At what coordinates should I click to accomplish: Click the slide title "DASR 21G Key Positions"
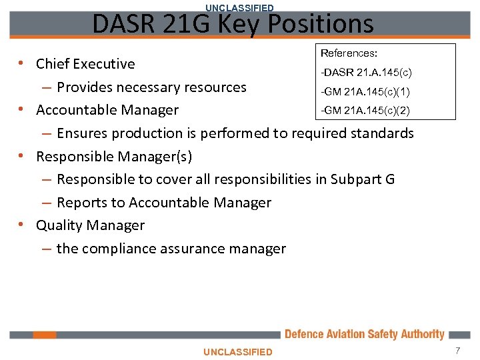[x=233, y=25]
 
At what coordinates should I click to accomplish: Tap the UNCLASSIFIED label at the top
[x=239, y=7]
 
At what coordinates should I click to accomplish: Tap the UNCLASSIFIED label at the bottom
[x=238, y=351]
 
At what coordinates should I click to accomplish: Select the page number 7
[x=458, y=351]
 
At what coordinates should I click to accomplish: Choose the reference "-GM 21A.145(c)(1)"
[x=365, y=91]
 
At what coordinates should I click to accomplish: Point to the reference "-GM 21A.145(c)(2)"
[x=365, y=109]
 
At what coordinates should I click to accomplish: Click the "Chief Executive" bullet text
[x=85, y=64]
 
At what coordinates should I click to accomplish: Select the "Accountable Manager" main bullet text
[x=107, y=110]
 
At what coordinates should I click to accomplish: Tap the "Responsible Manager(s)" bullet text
[x=114, y=156]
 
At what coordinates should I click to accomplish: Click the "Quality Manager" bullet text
[x=90, y=225]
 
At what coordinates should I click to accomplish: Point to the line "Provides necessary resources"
[x=151, y=87]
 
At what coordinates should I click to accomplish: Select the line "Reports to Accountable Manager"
[x=164, y=203]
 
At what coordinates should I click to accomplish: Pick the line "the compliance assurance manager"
[x=171, y=249]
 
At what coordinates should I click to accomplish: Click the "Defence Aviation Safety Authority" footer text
[x=364, y=334]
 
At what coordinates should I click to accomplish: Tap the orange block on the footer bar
[x=45, y=335]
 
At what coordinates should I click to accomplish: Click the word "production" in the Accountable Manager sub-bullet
[x=147, y=133]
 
